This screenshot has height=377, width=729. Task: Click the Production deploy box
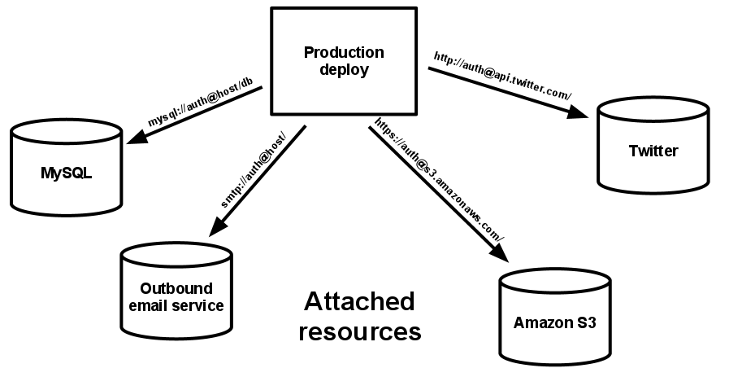344,62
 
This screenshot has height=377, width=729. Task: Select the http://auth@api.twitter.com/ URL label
502,77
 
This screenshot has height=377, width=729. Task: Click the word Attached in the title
358,302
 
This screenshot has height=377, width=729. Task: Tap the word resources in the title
358,331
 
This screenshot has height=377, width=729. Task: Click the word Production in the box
344,52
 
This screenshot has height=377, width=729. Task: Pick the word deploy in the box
344,70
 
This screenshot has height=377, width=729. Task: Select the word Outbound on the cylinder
176,288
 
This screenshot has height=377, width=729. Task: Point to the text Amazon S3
555,322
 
